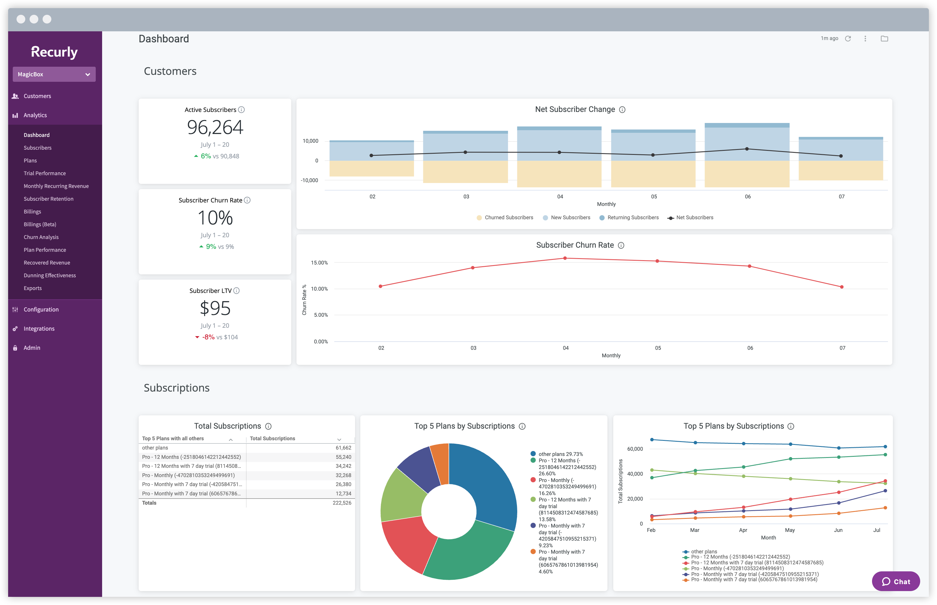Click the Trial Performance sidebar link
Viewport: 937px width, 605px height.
[44, 173]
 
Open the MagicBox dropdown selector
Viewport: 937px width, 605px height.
[54, 74]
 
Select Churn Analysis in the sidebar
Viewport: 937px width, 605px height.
[41, 237]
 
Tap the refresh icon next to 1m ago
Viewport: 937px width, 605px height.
[848, 39]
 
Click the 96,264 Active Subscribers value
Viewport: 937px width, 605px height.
[215, 127]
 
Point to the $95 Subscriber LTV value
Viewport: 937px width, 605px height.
[215, 308]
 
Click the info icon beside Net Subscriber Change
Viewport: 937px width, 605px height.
[622, 110]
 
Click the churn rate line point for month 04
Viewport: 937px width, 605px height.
[565, 258]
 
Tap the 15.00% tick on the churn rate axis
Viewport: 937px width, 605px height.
[319, 262]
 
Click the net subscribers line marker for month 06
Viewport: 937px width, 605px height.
[747, 149]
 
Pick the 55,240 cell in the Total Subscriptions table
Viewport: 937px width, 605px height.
[343, 457]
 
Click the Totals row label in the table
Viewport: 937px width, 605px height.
[149, 503]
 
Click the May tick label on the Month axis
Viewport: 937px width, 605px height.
[790, 530]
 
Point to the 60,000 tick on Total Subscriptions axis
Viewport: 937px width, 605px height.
[635, 449]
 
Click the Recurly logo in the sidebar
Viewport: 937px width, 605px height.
[54, 52]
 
